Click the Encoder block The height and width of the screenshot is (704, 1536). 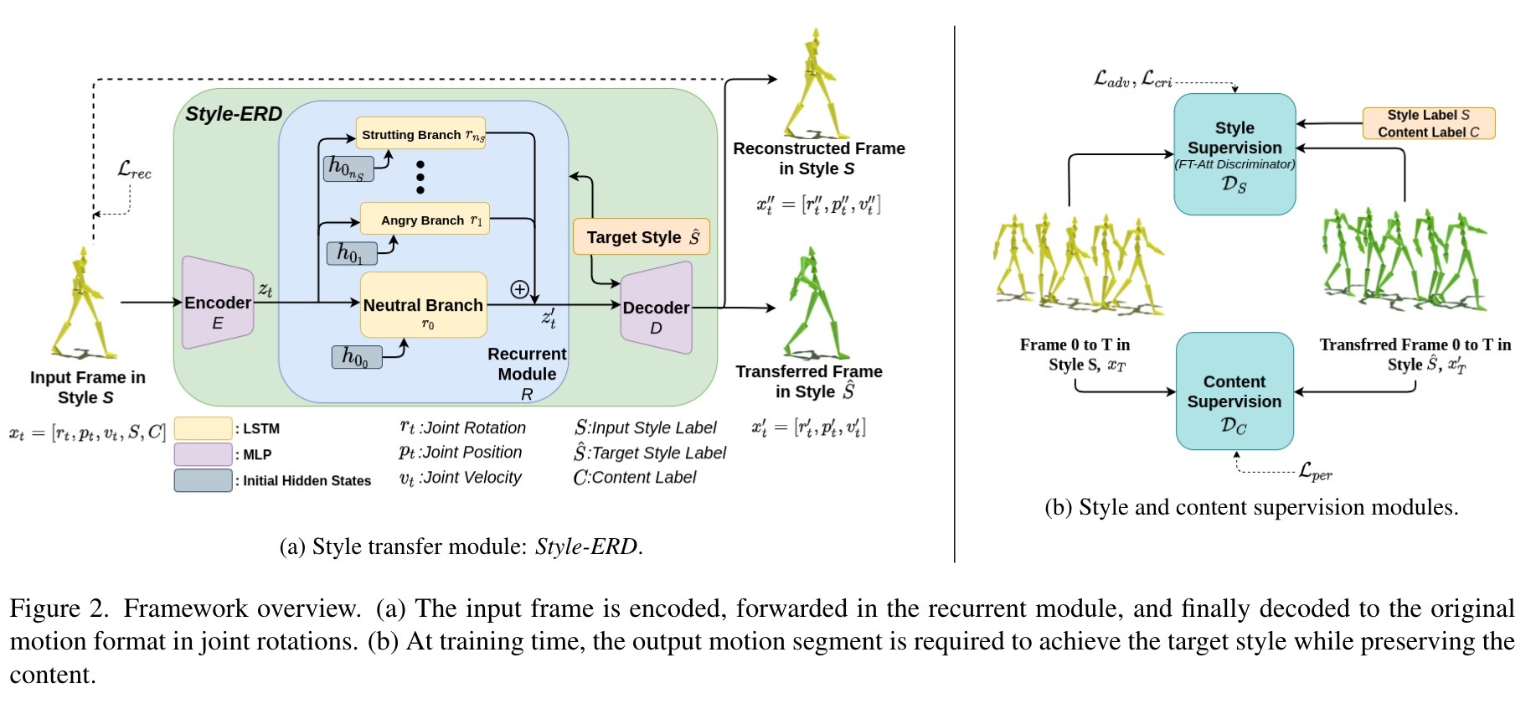click(x=218, y=303)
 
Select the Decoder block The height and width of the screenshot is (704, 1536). click(x=656, y=308)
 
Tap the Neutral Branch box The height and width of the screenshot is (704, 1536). click(x=423, y=305)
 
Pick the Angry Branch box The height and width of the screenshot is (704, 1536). click(x=425, y=219)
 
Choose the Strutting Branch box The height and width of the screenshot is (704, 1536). click(x=421, y=133)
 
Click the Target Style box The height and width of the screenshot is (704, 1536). click(x=642, y=236)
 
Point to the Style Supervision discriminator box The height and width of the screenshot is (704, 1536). click(x=1234, y=154)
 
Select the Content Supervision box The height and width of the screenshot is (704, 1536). click(x=1234, y=391)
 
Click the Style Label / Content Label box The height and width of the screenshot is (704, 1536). click(x=1428, y=123)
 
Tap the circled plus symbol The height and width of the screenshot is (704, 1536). click(x=519, y=289)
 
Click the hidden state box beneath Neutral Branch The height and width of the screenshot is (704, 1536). click(x=357, y=357)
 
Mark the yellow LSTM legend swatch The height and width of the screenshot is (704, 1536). click(x=203, y=428)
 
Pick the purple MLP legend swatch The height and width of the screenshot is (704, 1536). click(x=203, y=454)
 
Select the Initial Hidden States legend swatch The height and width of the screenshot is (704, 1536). click(x=203, y=480)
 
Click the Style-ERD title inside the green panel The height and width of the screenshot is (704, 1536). click(x=234, y=114)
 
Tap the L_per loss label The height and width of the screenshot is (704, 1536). click(x=1316, y=472)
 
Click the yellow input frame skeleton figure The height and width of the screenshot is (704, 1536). click(x=82, y=303)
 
